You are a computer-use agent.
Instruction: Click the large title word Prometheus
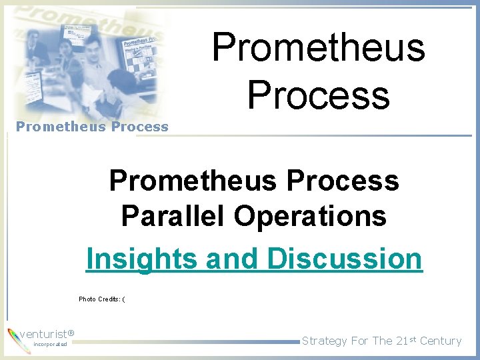(x=318, y=48)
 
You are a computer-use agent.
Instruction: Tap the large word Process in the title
(x=318, y=94)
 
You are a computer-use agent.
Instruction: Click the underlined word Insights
(x=142, y=259)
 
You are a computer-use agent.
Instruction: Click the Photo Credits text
(x=102, y=299)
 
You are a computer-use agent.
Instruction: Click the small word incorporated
(x=50, y=345)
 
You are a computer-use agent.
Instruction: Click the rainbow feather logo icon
(x=14, y=338)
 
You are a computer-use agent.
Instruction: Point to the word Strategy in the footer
(x=325, y=341)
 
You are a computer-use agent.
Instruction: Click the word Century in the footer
(x=441, y=341)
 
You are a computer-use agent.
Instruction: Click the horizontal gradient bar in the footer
(x=187, y=342)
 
